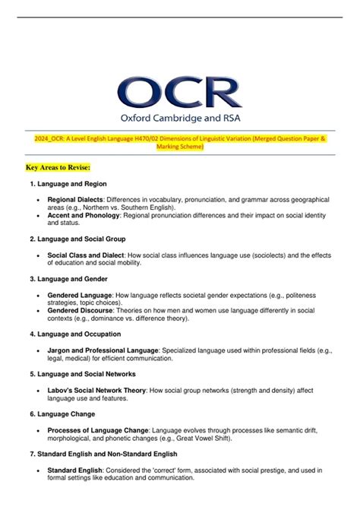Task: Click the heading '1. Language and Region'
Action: [68, 184]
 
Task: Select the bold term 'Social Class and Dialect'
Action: [89, 255]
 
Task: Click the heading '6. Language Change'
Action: [62, 413]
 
